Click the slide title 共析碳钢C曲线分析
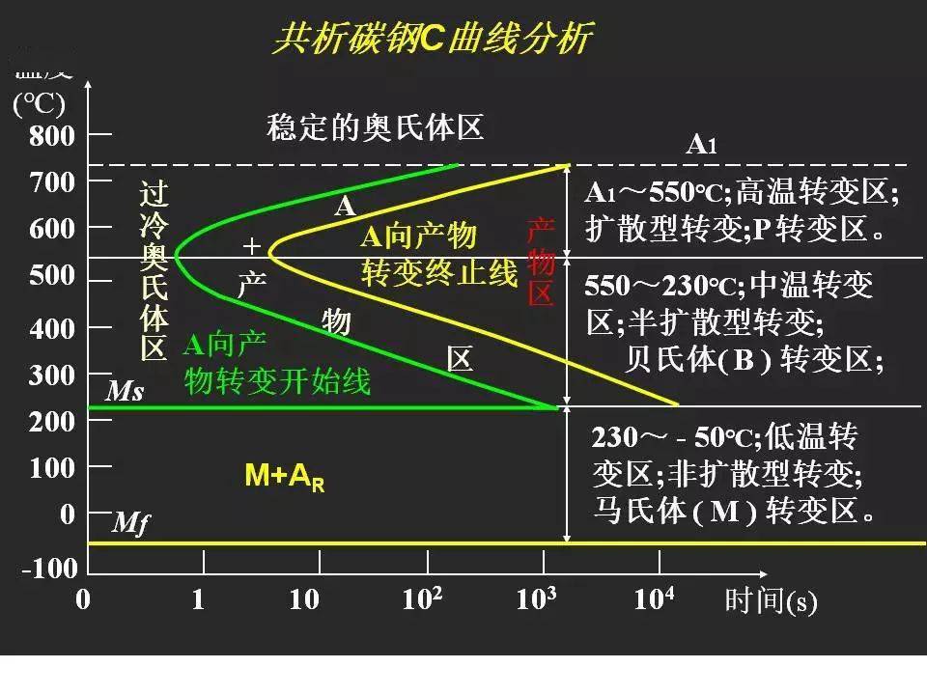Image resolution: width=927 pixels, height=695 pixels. [x=432, y=40]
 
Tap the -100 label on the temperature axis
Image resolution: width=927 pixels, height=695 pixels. [x=49, y=569]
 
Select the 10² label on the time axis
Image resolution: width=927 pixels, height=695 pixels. [x=422, y=599]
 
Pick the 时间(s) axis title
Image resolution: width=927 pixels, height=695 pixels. [x=771, y=601]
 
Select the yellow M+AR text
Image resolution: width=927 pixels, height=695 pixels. [x=284, y=476]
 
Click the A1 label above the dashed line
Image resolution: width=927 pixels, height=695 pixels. [x=701, y=145]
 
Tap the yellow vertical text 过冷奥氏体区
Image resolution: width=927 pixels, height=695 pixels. [x=154, y=272]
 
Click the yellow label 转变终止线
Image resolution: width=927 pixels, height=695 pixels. [x=439, y=272]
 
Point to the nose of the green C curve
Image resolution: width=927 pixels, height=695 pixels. [x=177, y=254]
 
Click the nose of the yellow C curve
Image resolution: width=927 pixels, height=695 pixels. [x=270, y=254]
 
